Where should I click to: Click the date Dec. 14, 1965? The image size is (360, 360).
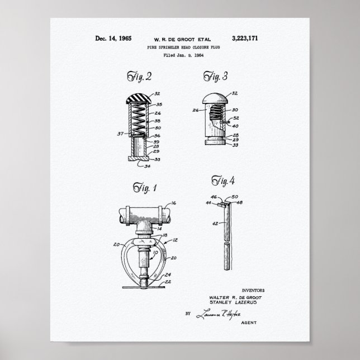[x=113, y=39]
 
